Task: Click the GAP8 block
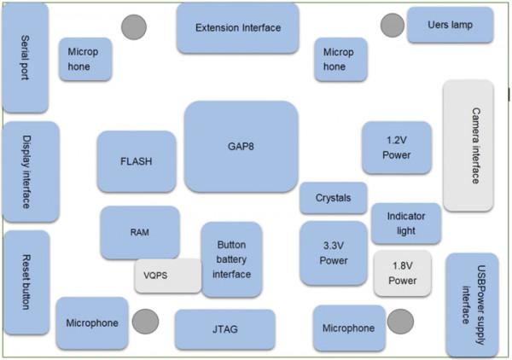point(241,146)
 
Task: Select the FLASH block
point(137,161)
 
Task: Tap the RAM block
point(140,231)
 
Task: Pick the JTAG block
point(225,328)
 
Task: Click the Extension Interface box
point(237,28)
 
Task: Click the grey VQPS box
point(167,276)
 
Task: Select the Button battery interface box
point(231,259)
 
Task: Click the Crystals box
point(333,198)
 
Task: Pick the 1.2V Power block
point(396,148)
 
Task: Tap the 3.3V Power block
point(333,253)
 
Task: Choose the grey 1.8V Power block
point(402,273)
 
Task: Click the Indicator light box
point(405,224)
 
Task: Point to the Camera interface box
point(468,146)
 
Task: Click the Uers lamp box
point(450,25)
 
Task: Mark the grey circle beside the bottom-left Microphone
point(145,322)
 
